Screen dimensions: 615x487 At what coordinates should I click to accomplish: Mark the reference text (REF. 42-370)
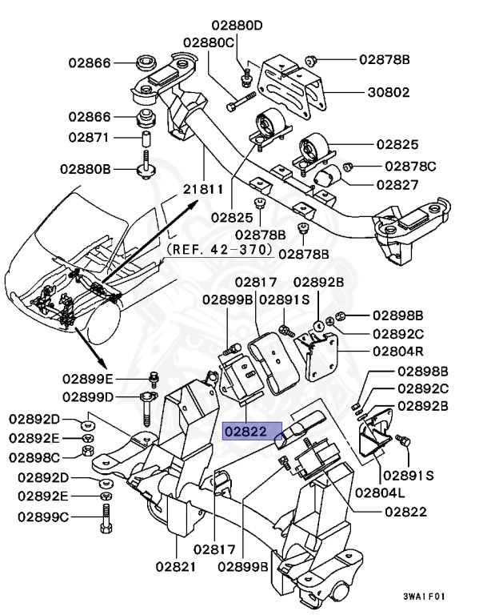pos(220,249)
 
